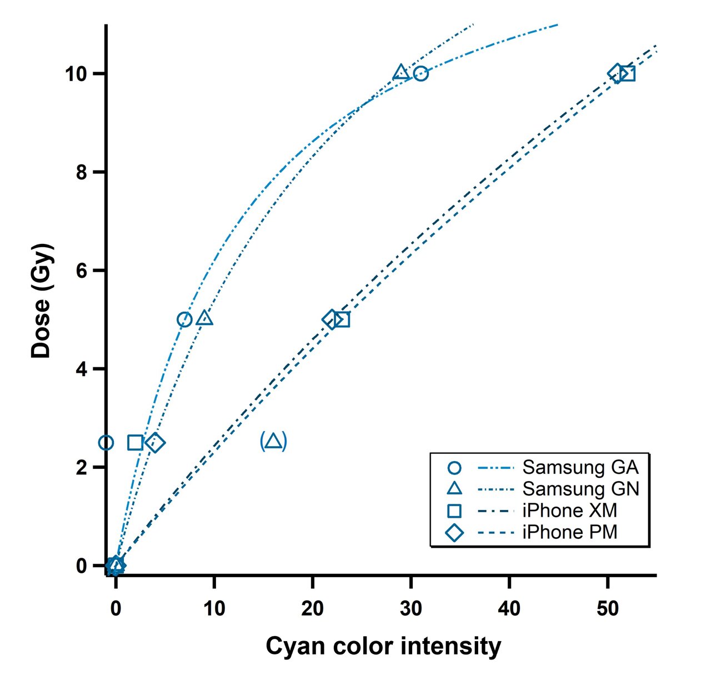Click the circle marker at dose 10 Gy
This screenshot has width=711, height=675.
point(420,73)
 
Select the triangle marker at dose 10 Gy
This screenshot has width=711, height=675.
point(401,73)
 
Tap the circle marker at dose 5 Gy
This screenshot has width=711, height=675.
point(184,319)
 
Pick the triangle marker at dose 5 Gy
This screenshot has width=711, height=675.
point(205,318)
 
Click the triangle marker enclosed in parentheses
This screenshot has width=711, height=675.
point(273,442)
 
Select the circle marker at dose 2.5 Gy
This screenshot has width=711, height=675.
point(106,443)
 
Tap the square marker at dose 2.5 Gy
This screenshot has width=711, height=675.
point(135,443)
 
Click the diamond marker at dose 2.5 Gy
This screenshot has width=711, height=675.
point(156,443)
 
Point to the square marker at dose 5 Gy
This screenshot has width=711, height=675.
point(342,319)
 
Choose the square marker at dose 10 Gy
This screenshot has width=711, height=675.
point(628,73)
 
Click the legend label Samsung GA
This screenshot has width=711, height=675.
point(580,467)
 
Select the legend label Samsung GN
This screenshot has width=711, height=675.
point(581,489)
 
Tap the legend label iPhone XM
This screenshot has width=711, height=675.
point(569,511)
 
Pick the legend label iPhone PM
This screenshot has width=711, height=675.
point(570,532)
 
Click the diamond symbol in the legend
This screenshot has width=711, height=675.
point(454,532)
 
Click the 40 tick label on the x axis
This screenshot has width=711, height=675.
point(509,609)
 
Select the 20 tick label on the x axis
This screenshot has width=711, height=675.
point(312,609)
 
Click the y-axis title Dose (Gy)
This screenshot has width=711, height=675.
point(42,300)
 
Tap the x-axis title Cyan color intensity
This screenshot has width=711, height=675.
point(383,647)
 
